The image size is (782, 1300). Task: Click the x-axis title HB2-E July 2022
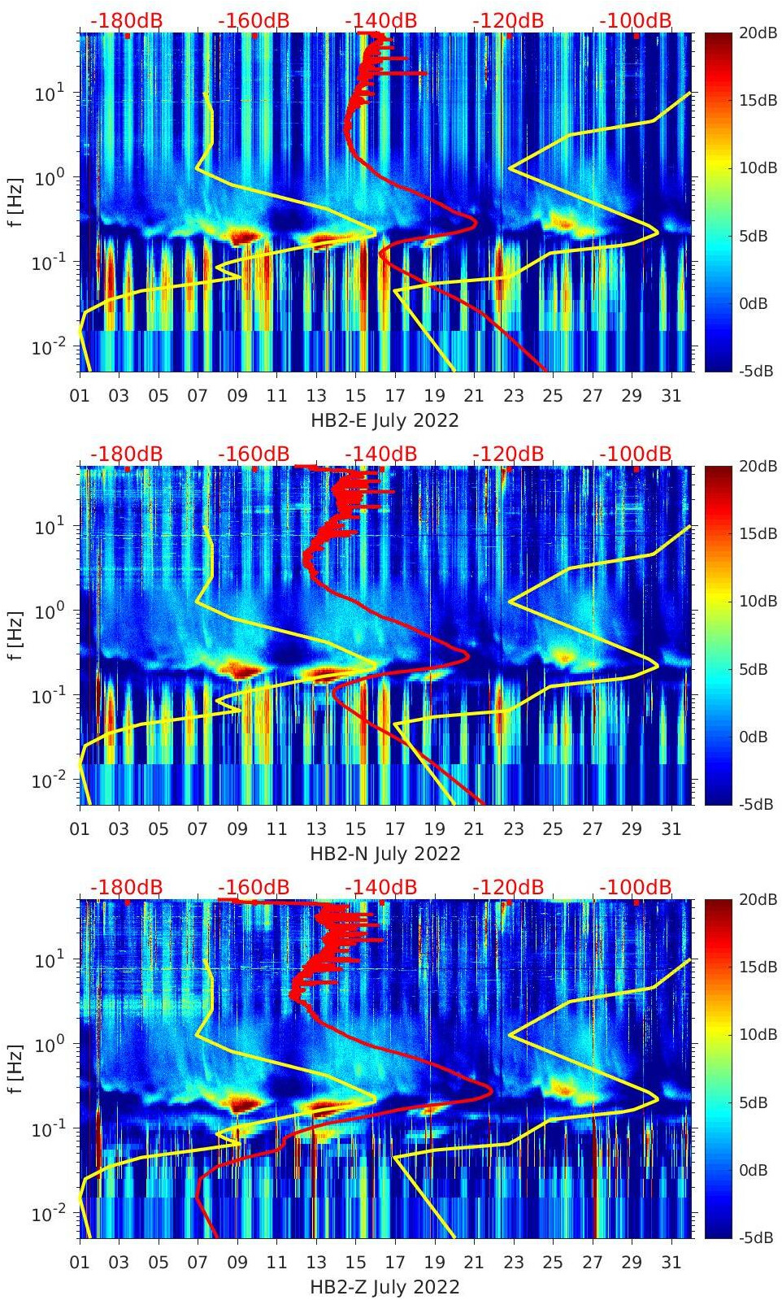[384, 420]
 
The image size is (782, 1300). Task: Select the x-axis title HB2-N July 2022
[384, 854]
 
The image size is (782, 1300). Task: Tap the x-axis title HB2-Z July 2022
[384, 1287]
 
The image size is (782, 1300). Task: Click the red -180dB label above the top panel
[126, 20]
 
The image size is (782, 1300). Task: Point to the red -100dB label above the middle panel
[636, 454]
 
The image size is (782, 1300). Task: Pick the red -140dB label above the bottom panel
[381, 887]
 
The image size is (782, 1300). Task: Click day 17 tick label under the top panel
[395, 396]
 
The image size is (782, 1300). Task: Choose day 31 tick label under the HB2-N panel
[671, 829]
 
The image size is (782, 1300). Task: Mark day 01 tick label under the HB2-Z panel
[80, 1263]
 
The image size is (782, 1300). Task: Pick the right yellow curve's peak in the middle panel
[658, 666]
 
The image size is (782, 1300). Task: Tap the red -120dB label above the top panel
[508, 20]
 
